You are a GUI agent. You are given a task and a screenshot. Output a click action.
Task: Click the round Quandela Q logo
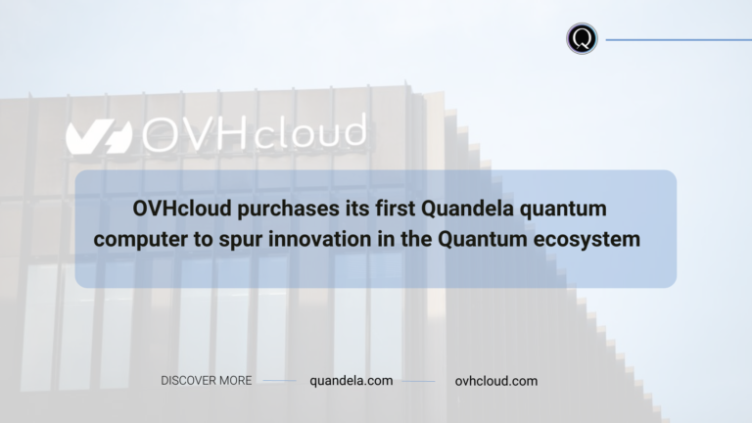click(x=582, y=38)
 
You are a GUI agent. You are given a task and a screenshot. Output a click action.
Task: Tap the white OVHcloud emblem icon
click(x=99, y=137)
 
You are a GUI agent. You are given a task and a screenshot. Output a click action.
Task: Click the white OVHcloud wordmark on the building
click(x=255, y=133)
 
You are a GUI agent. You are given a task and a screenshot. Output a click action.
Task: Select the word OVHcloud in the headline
click(x=182, y=209)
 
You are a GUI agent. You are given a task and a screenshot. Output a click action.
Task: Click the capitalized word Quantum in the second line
click(x=483, y=239)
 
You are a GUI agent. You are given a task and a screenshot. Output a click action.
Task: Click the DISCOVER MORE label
click(x=207, y=381)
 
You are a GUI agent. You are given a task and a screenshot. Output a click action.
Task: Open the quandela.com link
click(x=352, y=381)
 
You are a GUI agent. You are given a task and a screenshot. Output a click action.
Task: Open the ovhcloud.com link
click(x=496, y=381)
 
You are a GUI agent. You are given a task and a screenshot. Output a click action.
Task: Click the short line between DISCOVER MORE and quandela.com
click(x=280, y=381)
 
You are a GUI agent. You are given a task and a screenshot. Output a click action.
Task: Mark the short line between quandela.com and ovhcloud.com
click(x=418, y=381)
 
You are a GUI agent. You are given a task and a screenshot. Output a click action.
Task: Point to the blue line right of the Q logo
click(x=679, y=40)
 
